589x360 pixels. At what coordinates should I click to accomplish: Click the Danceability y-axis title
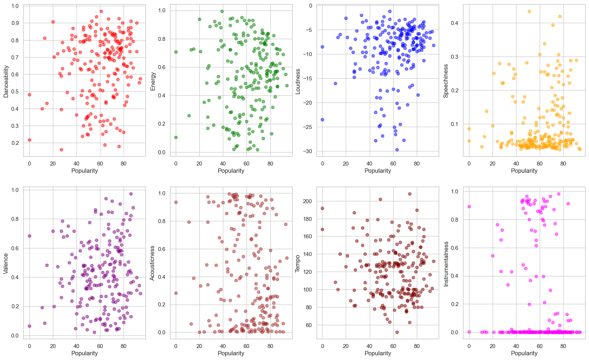click(x=6, y=81)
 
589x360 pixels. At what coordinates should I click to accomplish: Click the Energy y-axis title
click(x=153, y=81)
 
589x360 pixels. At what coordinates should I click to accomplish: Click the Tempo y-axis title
click(x=298, y=264)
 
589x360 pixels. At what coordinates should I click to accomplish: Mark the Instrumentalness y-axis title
click(x=446, y=264)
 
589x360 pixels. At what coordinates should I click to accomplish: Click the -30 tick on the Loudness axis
click(x=308, y=151)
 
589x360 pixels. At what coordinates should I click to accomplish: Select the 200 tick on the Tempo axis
click(x=307, y=201)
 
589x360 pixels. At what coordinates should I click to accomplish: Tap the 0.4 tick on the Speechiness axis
click(x=455, y=23)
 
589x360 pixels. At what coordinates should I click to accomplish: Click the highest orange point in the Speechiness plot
click(x=529, y=12)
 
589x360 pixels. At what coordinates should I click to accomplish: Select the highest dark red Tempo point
click(x=410, y=194)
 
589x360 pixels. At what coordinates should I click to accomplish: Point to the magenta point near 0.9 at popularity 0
click(x=469, y=206)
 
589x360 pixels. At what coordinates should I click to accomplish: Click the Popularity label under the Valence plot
click(x=84, y=353)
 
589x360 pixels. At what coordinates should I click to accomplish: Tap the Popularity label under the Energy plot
click(x=231, y=171)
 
